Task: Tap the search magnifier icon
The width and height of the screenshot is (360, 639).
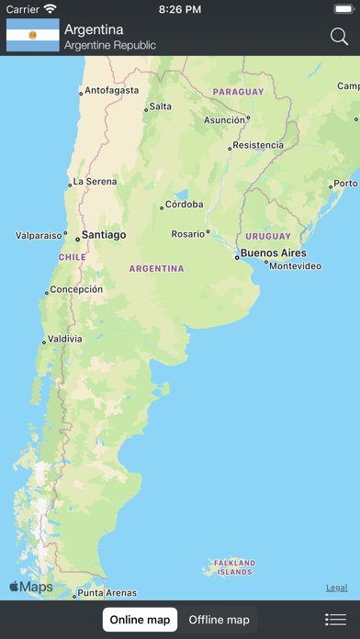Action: [x=339, y=37]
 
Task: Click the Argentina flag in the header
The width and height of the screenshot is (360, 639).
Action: [x=33, y=36]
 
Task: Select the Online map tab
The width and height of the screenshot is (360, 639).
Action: [x=140, y=620]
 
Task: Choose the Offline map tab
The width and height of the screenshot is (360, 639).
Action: [x=219, y=620]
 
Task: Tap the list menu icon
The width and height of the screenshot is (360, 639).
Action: [x=335, y=620]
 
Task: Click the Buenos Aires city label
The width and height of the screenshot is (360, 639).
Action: [x=273, y=253]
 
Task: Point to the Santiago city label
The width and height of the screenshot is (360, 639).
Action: [x=104, y=235]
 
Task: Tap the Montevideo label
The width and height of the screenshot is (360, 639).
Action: [x=296, y=266]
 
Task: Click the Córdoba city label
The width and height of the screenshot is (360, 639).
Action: [x=184, y=205]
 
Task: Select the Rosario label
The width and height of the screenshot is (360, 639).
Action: [x=188, y=234]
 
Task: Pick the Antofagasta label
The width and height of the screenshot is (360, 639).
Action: [x=112, y=91]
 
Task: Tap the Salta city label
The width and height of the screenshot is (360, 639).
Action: [x=160, y=106]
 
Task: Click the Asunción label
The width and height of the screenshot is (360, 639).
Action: [x=224, y=120]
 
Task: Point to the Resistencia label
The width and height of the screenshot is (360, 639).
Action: [x=258, y=145]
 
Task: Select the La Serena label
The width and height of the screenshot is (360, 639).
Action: [x=95, y=182]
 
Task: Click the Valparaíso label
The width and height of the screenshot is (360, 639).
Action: [x=39, y=236]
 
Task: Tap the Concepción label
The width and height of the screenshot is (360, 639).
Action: [x=76, y=289]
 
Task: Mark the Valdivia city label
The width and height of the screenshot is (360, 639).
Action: [x=65, y=339]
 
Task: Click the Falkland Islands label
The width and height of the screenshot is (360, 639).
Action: [x=233, y=567]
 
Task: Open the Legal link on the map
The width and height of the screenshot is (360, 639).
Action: [x=336, y=588]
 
